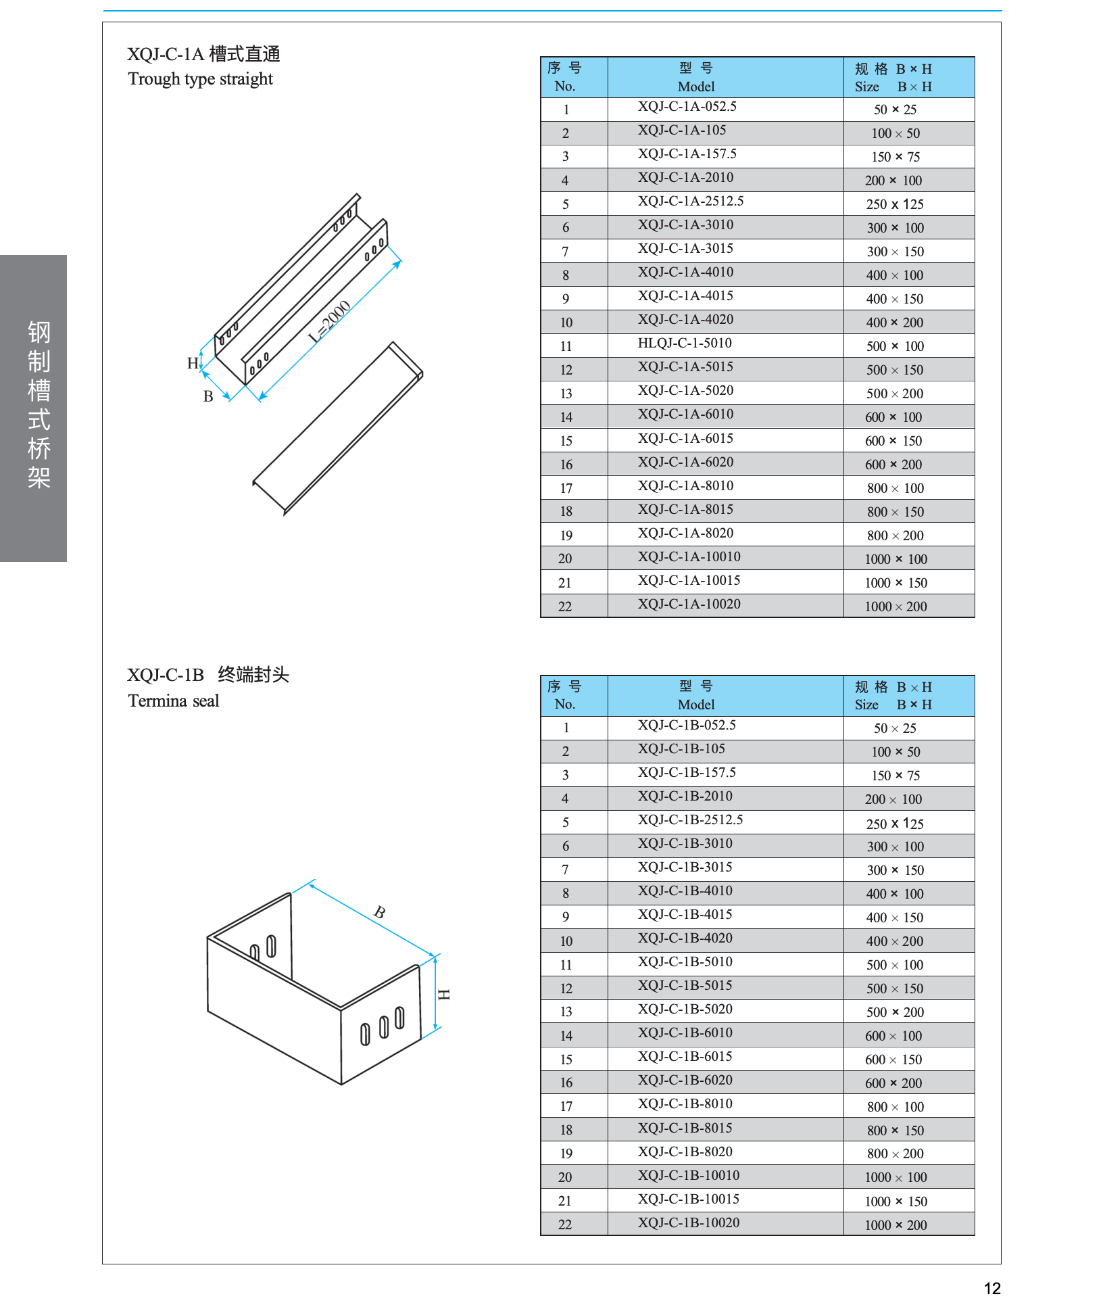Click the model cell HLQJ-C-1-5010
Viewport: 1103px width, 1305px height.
pos(684,343)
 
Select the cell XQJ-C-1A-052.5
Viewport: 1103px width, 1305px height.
pos(687,107)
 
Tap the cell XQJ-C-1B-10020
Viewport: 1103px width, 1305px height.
pos(688,1223)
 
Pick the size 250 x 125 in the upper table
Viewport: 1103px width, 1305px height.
pos(894,204)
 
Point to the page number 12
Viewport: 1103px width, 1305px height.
pos(991,1288)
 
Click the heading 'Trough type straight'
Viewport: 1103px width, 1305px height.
pos(200,79)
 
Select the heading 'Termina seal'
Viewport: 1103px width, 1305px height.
pos(174,701)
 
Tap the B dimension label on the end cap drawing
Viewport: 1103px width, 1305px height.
pos(380,912)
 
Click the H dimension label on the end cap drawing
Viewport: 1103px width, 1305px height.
pos(443,994)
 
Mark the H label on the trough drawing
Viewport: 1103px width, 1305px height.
pos(193,363)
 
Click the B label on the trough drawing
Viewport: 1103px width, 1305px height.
pos(208,396)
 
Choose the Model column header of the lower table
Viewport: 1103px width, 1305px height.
pos(695,696)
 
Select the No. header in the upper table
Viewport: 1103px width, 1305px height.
pos(565,77)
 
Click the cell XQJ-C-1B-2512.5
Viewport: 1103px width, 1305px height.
pos(690,820)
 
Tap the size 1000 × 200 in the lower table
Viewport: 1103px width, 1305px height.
pos(895,1225)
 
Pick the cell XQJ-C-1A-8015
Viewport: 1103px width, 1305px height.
pos(685,510)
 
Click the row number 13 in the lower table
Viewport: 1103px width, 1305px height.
pos(566,1012)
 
